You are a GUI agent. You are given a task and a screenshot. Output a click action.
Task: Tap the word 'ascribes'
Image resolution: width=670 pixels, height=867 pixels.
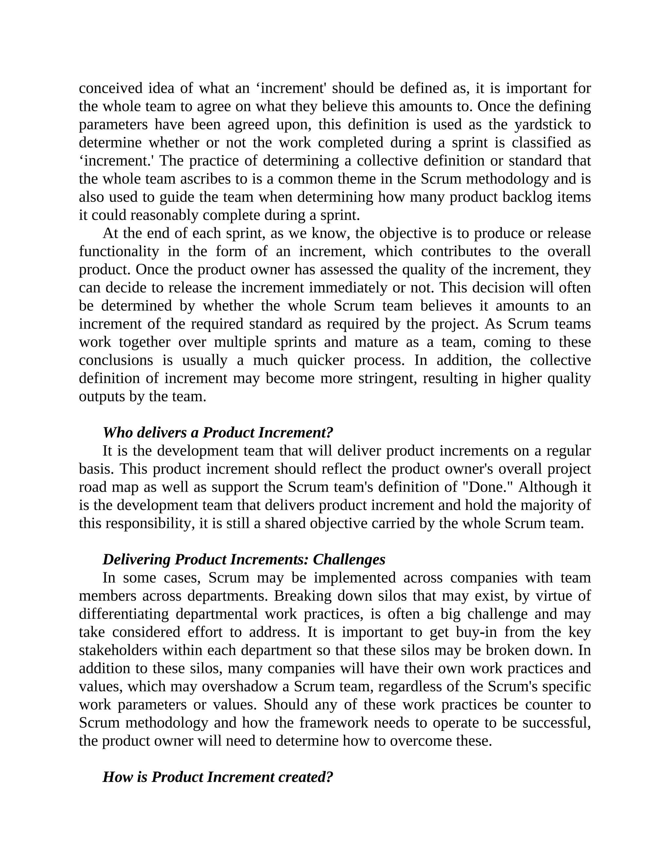pos(206,179)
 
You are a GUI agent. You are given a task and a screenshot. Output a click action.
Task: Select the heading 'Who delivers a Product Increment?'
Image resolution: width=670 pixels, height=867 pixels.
pos(218,432)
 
